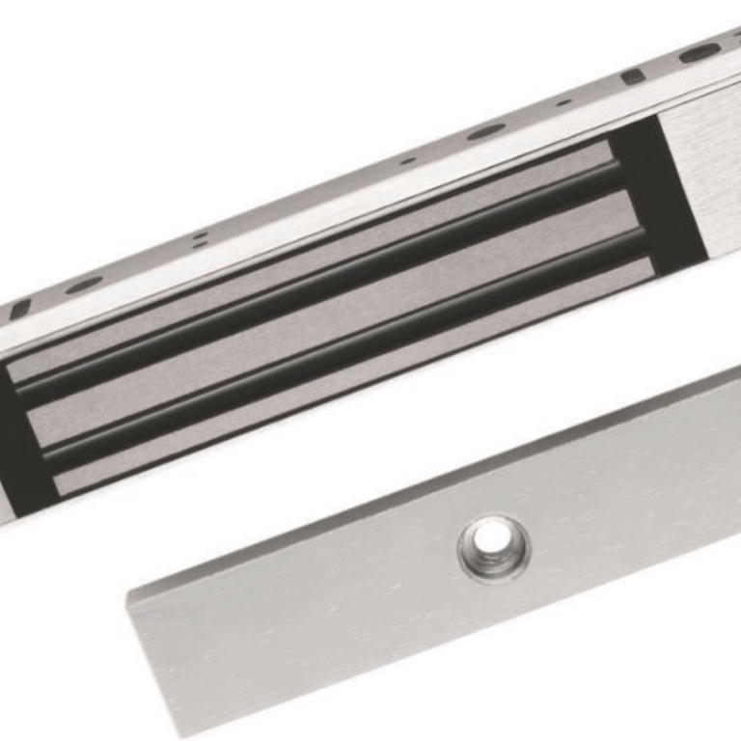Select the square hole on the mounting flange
633,75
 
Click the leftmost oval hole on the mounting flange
84,285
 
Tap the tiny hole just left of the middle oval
408,160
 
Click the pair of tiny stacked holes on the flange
199,238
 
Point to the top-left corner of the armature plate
130,586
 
